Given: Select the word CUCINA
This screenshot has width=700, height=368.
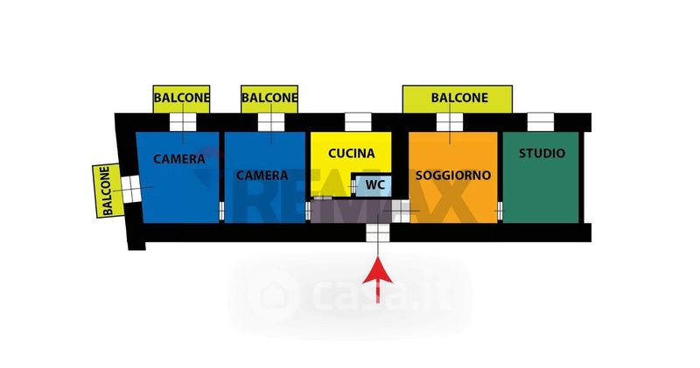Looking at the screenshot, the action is click(351, 153).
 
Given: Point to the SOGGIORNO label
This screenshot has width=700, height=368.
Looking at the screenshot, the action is click(453, 174).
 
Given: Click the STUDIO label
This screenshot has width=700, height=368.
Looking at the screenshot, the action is click(542, 153).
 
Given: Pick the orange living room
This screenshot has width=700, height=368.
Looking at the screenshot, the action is click(453, 197).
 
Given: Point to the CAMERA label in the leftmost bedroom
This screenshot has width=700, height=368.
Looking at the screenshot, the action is click(178, 159).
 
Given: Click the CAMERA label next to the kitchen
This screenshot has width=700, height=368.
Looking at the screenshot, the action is click(262, 174).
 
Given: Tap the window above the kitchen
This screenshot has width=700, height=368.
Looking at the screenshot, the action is click(357, 122).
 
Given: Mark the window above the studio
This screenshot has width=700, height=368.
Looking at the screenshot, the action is click(541, 122).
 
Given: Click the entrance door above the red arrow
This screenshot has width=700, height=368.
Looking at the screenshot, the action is click(377, 233).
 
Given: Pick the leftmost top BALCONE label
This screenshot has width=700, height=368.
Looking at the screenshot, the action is click(182, 98).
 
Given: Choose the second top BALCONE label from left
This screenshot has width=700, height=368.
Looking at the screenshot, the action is click(269, 98).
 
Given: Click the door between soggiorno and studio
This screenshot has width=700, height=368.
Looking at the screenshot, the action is click(500, 210).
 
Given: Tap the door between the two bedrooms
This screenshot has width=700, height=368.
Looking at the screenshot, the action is click(221, 210).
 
